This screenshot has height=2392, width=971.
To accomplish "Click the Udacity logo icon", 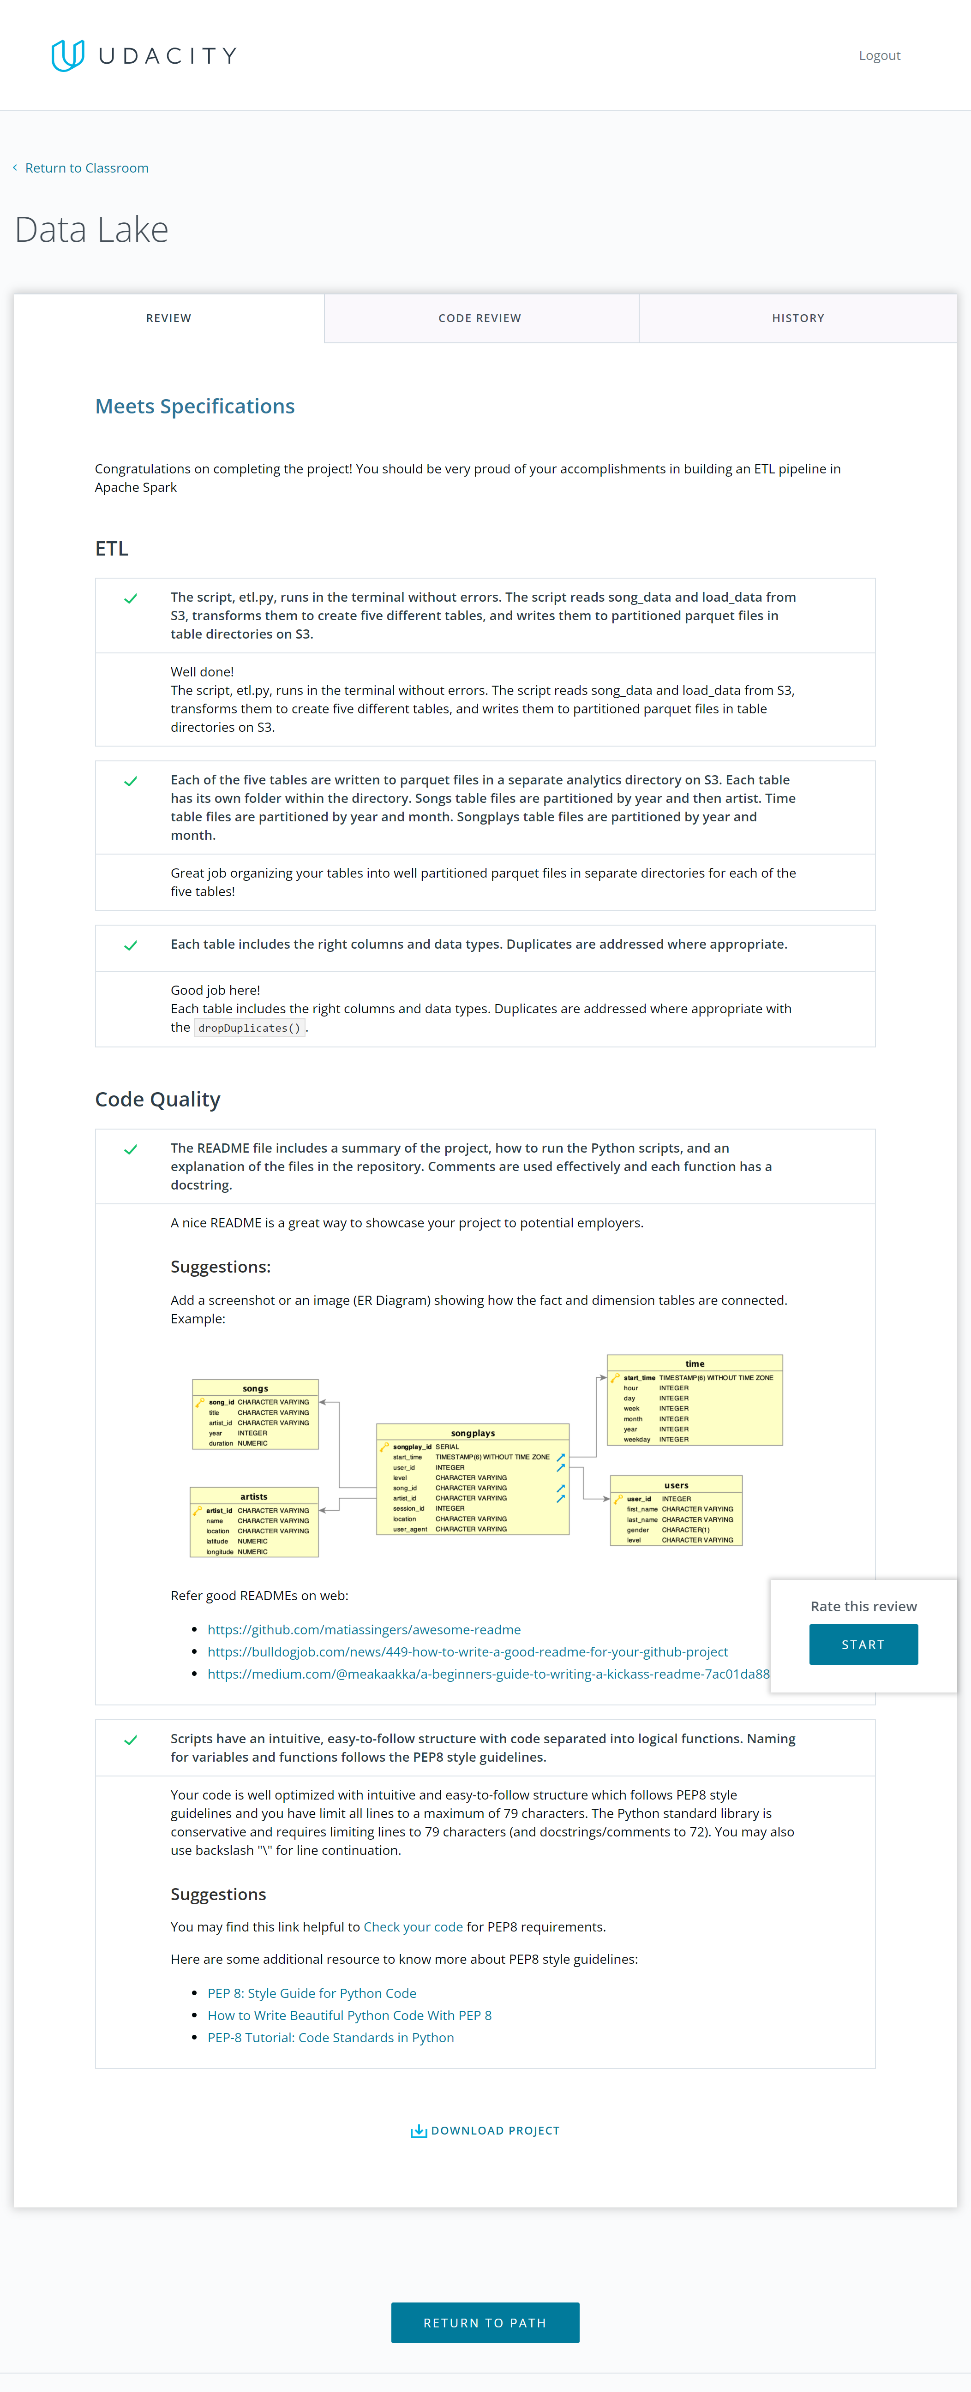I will [68, 56].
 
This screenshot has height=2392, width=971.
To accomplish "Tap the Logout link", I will [879, 56].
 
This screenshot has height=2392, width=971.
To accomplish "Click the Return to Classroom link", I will [86, 168].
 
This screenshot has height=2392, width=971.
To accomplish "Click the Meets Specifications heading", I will [195, 407].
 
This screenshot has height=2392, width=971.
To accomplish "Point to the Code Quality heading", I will [158, 1100].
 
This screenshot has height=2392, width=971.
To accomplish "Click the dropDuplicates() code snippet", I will [249, 1028].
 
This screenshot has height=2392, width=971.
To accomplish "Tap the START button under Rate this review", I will [863, 1644].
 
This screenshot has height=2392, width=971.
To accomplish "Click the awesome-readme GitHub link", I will [364, 1630].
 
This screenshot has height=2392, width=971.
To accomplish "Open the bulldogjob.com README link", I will [467, 1652].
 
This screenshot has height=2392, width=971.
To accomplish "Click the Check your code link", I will [413, 1927].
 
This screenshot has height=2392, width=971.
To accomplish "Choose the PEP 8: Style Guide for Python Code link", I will [312, 1993].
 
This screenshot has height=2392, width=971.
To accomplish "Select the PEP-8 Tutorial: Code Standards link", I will [330, 2037].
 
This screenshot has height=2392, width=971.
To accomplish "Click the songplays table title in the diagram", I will [473, 1433].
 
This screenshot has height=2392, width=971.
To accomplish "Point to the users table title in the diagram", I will [676, 1485].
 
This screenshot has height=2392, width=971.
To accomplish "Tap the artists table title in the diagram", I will [253, 1496].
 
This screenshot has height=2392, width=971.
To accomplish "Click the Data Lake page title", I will [92, 229].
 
